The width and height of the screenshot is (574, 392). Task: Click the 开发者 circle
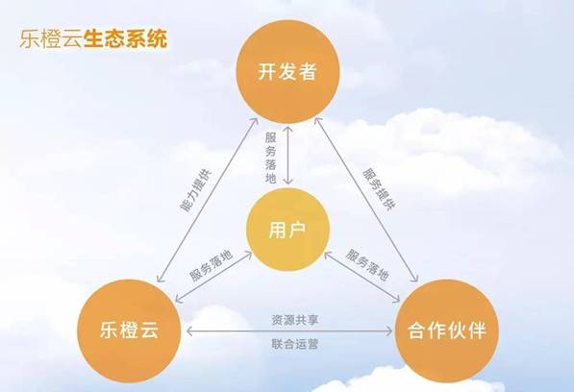click(287, 72)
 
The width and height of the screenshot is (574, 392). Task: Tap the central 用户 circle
click(288, 230)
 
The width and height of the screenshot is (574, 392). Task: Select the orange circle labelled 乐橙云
click(129, 331)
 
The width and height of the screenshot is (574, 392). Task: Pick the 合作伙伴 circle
click(447, 331)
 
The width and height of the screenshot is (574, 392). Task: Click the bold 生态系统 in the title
click(126, 39)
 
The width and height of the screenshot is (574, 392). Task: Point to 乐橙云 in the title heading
click(51, 39)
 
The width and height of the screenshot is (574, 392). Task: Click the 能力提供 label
click(196, 190)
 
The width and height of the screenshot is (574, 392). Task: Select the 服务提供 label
click(379, 189)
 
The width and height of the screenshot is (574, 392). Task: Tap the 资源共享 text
click(294, 320)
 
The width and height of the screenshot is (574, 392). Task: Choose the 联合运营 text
click(294, 344)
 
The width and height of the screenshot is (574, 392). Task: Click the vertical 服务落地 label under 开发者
click(270, 158)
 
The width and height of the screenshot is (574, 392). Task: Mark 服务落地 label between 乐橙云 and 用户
click(211, 266)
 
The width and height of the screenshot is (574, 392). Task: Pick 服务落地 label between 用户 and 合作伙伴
click(367, 265)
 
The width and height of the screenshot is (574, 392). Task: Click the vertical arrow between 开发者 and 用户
click(288, 155)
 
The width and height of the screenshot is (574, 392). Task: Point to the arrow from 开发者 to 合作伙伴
click(367, 200)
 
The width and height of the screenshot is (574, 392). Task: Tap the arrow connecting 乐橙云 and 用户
click(213, 277)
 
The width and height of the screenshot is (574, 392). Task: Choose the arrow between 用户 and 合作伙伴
click(362, 277)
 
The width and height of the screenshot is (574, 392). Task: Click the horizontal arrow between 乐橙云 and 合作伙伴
click(289, 331)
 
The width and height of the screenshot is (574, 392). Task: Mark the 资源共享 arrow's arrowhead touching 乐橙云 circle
click(189, 331)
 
